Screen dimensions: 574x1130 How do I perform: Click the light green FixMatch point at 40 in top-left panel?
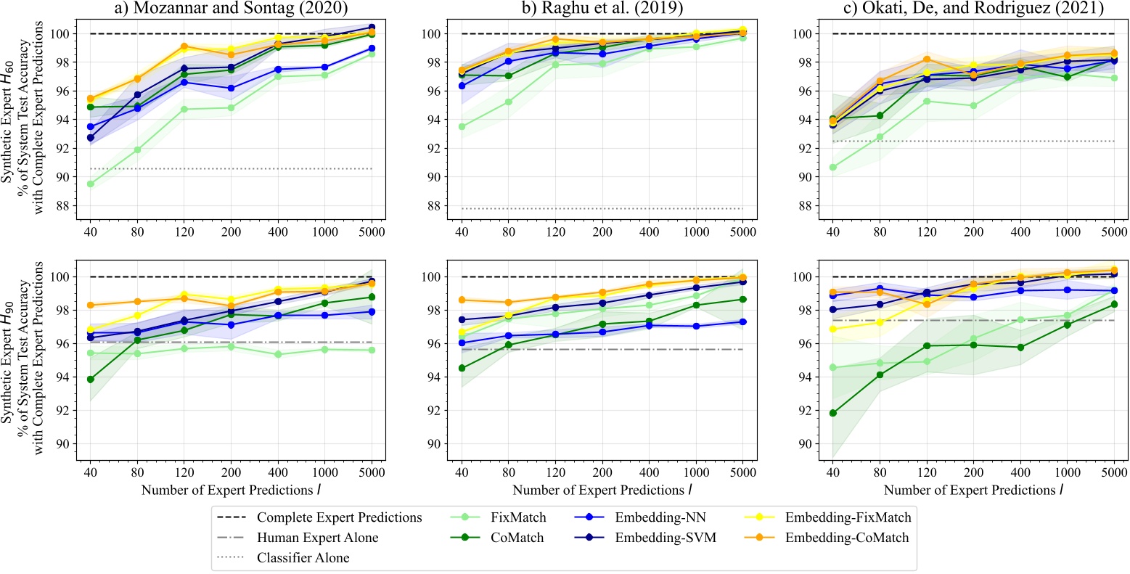(90, 184)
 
